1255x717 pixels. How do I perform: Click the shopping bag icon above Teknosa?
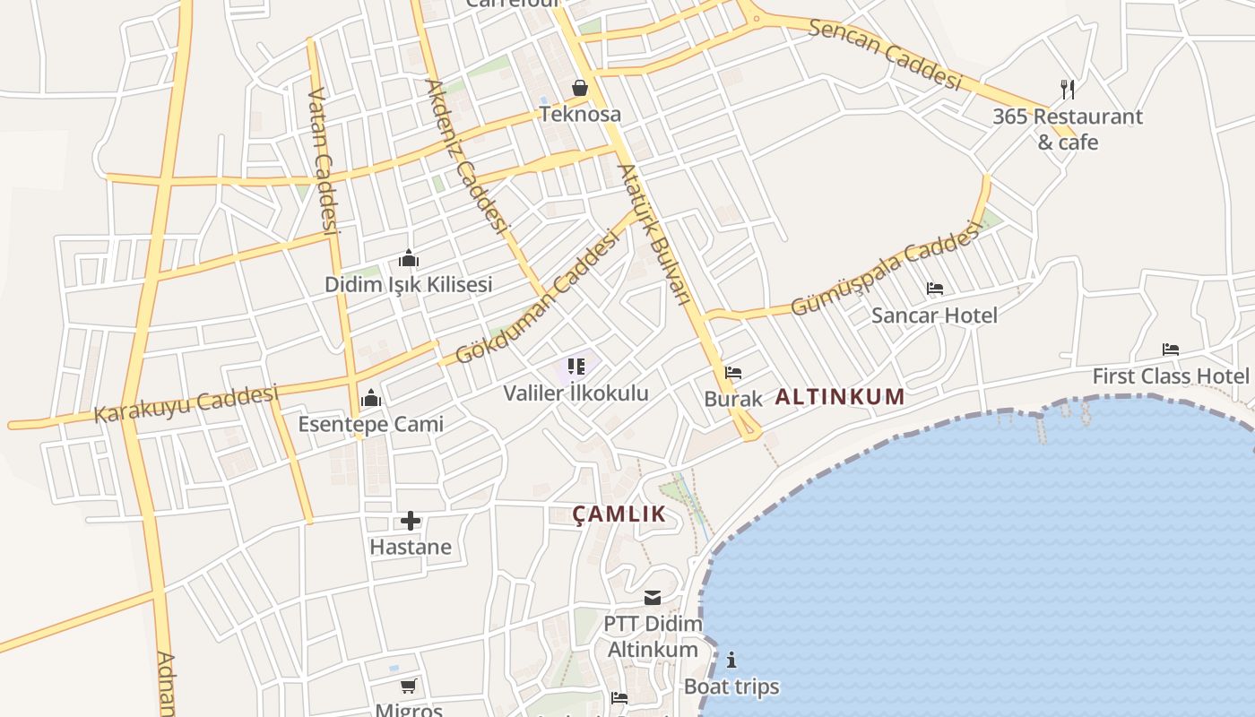click(580, 88)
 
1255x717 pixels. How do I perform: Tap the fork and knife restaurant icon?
click(1067, 89)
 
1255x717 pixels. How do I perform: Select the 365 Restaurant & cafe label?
click(1068, 129)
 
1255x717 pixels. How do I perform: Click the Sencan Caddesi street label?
click(885, 53)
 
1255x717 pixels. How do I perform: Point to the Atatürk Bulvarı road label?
click(653, 233)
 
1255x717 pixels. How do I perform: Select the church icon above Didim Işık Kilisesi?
click(409, 259)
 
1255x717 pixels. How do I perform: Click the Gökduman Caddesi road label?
click(537, 297)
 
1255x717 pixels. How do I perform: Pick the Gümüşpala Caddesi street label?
click(884, 272)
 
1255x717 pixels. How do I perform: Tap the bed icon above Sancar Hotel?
click(935, 289)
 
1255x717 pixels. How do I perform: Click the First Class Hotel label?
click(1170, 376)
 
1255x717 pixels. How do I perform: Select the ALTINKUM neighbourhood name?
click(839, 397)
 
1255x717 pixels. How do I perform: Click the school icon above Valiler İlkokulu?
click(576, 367)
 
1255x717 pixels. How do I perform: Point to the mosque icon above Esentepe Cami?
click(370, 398)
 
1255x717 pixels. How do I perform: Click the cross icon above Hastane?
click(410, 521)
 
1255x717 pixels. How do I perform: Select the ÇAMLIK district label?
click(619, 514)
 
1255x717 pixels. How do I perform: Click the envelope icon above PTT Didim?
click(653, 598)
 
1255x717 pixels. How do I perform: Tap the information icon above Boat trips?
click(731, 661)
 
